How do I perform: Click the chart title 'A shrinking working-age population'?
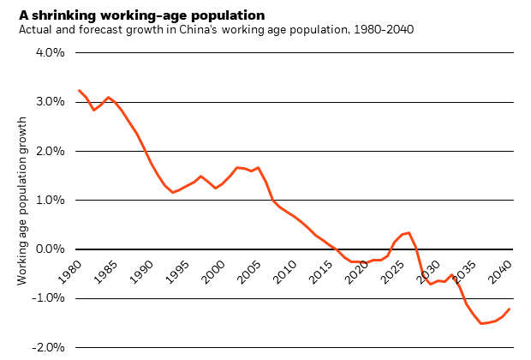click(141, 15)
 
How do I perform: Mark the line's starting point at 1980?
click(79, 90)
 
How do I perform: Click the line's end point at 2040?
click(510, 309)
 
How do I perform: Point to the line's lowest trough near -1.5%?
click(481, 323)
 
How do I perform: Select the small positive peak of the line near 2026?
click(409, 232)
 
